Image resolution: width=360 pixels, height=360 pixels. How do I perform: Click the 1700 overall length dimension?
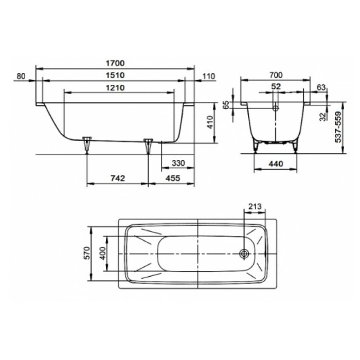(x=115, y=63)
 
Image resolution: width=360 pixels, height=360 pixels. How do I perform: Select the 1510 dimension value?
(x=115, y=75)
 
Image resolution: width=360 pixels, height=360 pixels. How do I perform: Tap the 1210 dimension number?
(x=115, y=88)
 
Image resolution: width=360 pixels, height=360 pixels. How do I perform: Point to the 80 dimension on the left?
(x=21, y=76)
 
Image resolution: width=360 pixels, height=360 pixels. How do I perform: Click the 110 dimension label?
(x=209, y=76)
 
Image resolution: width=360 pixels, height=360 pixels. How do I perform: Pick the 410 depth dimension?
(x=210, y=122)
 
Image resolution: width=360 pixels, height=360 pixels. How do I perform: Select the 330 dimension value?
(x=178, y=163)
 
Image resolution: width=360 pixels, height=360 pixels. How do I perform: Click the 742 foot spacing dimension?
(x=118, y=178)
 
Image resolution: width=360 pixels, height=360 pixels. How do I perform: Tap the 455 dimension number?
(x=173, y=178)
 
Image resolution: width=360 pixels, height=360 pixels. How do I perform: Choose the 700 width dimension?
(x=276, y=75)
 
